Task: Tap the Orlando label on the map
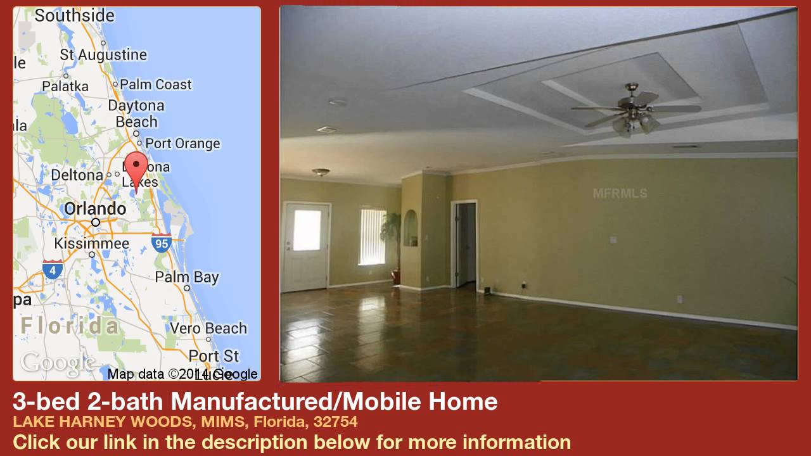click(x=95, y=208)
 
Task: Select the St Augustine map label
click(x=103, y=55)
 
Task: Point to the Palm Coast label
click(x=155, y=84)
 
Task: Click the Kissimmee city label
click(x=91, y=243)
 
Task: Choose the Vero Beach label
click(x=208, y=328)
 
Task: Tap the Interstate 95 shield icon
click(x=162, y=242)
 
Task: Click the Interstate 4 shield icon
click(x=53, y=269)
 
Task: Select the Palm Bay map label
click(x=187, y=277)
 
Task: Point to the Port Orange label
click(x=182, y=143)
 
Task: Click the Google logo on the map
click(x=57, y=363)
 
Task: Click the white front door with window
click(x=306, y=246)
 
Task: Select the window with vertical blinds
click(x=372, y=236)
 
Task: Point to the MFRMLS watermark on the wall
click(x=620, y=193)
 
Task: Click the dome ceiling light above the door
click(x=321, y=172)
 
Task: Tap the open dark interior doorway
click(x=466, y=244)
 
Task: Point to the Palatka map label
click(x=65, y=86)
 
